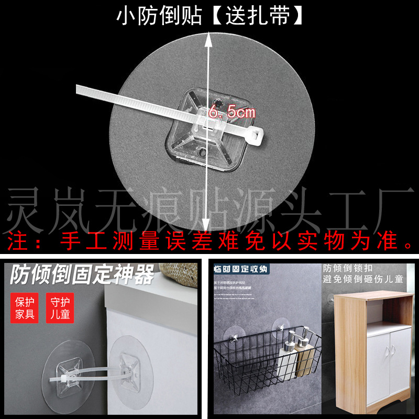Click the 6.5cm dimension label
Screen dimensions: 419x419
point(231,112)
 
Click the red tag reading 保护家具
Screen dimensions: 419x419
point(25,308)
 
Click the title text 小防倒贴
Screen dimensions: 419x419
point(159,16)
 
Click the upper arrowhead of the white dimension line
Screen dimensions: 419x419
point(210,32)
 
